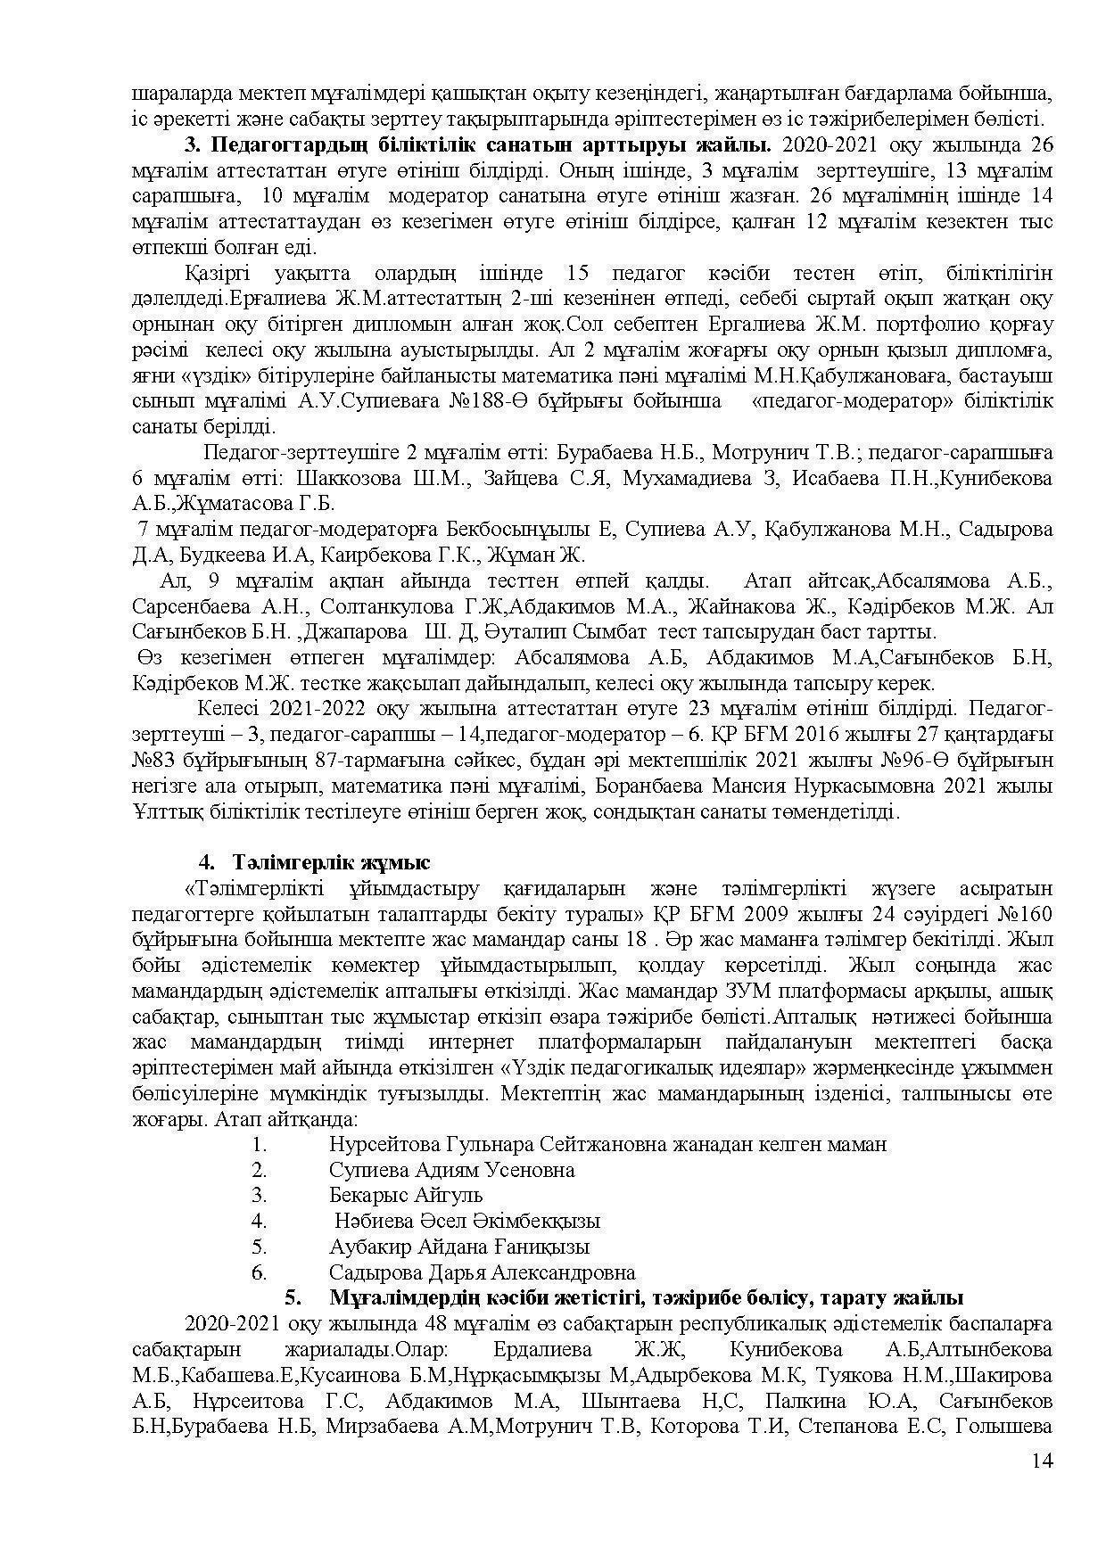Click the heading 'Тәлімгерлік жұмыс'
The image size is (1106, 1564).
(332, 862)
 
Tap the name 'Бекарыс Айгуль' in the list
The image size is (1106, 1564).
(406, 1195)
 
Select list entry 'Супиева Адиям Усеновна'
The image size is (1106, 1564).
(451, 1170)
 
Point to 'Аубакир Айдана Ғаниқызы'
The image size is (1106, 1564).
(458, 1247)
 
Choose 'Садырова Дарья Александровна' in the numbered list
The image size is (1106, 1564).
(482, 1272)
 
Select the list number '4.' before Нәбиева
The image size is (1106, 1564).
(260, 1221)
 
